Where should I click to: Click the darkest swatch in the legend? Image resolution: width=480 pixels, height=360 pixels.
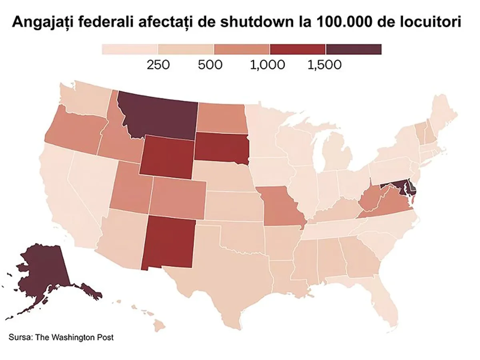click(x=354, y=49)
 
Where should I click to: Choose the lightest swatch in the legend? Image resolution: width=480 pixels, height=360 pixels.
click(x=130, y=49)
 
